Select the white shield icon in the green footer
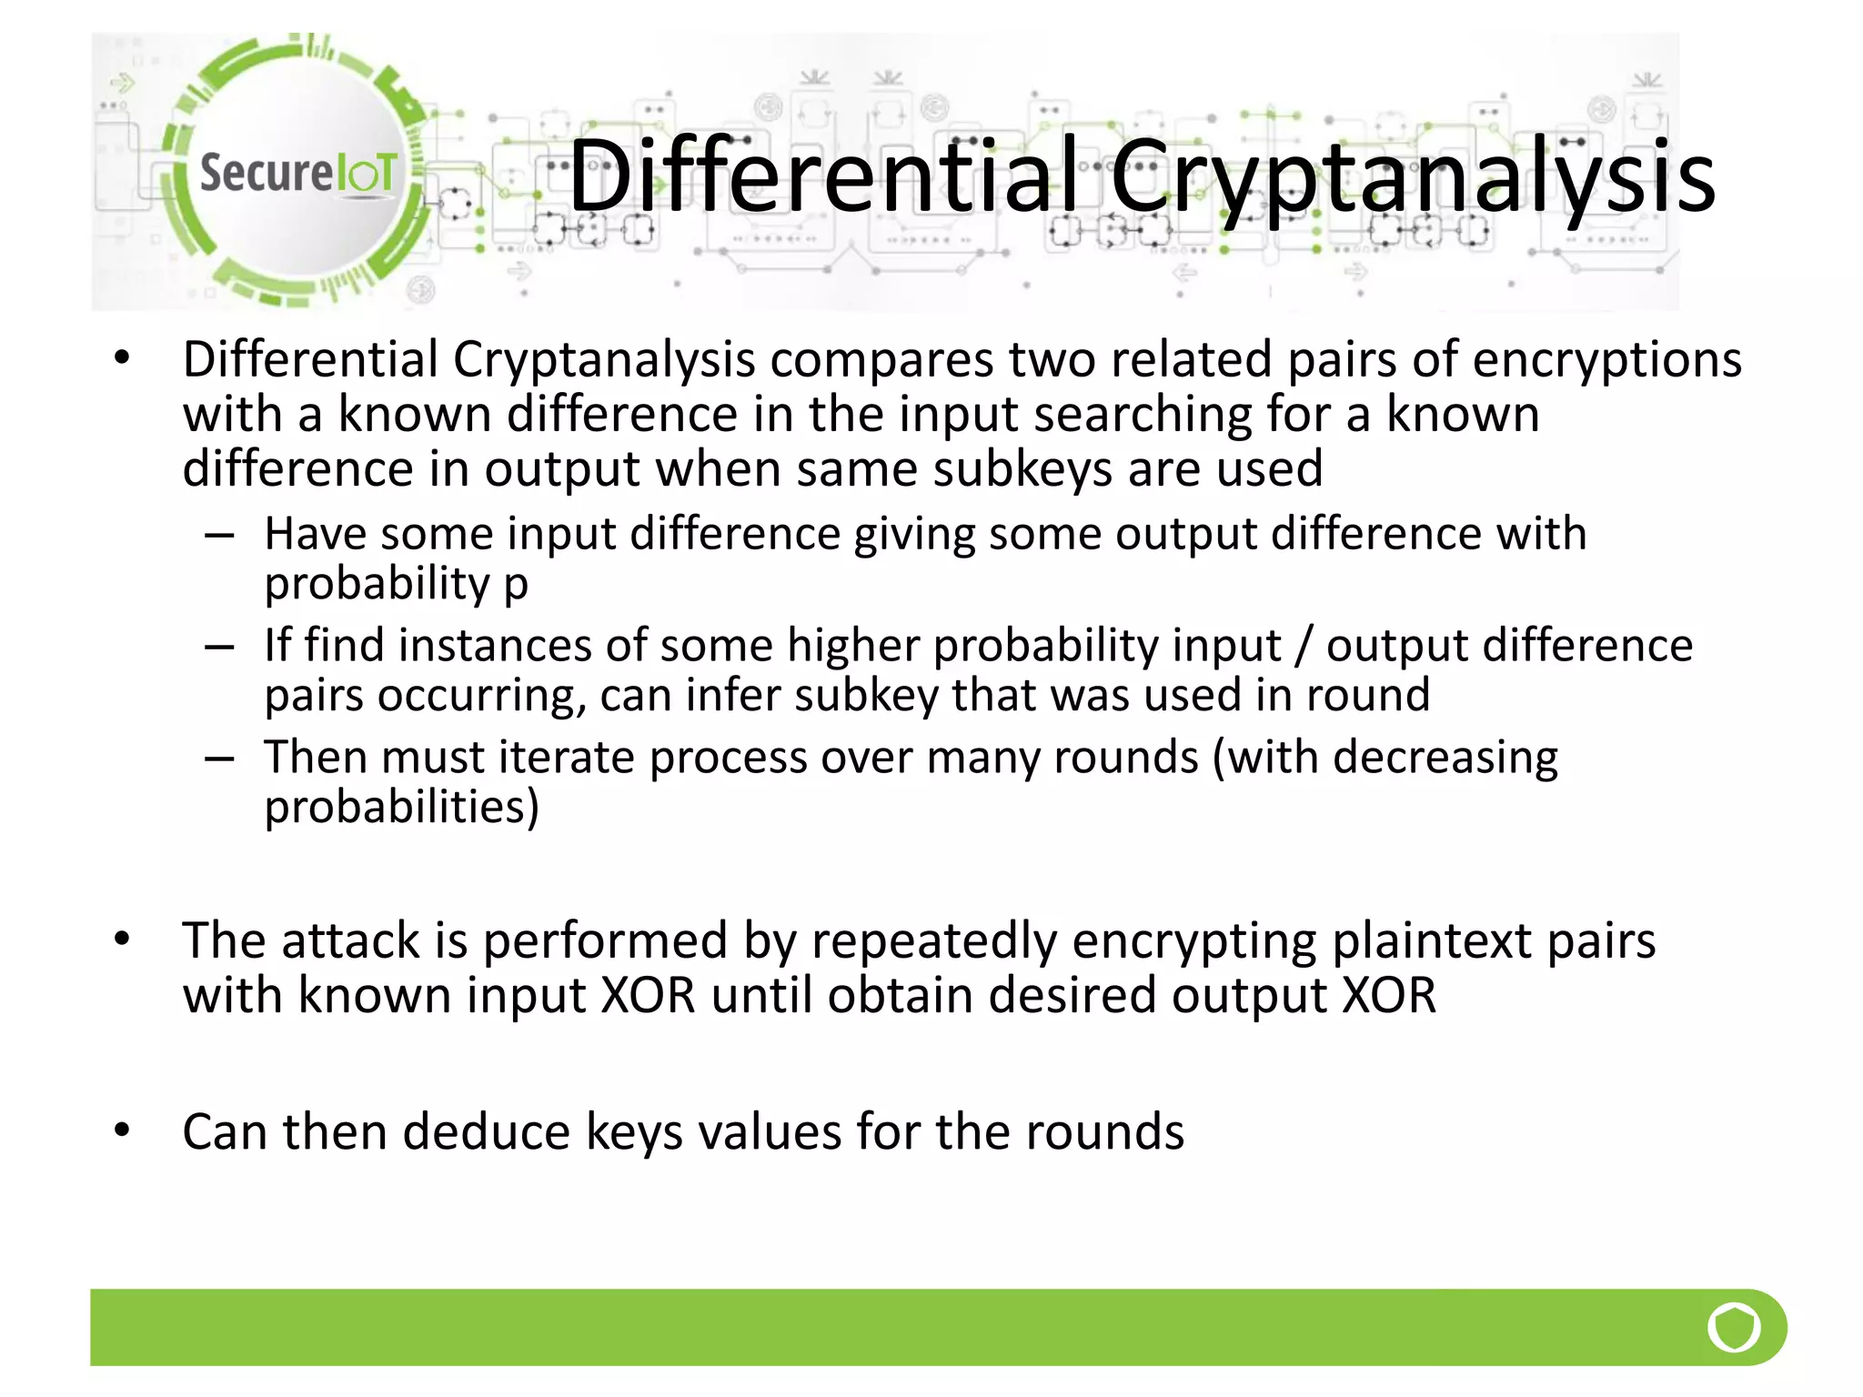click(1734, 1328)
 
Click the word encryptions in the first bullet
click(1606, 359)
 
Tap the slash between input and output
click(1304, 646)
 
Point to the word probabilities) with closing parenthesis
click(401, 808)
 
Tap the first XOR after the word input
click(649, 995)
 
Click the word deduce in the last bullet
click(488, 1132)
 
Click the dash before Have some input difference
click(219, 536)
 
